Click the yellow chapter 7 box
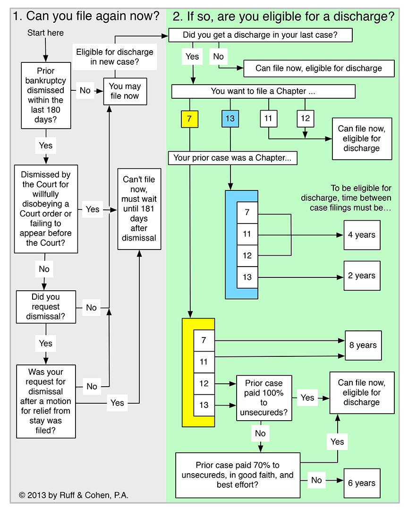pyautogui.click(x=190, y=119)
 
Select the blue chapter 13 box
pyautogui.click(x=230, y=119)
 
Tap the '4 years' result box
pyautogui.click(x=362, y=235)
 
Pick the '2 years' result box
pyautogui.click(x=362, y=276)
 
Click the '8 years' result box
pyautogui.click(x=363, y=346)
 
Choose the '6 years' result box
pyautogui.click(x=362, y=484)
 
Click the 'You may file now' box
pyautogui.click(x=125, y=91)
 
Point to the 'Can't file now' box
pyautogui.click(x=139, y=209)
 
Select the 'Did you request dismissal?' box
pyautogui.click(x=46, y=307)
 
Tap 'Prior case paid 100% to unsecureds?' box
pyautogui.click(x=264, y=398)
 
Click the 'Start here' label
pyautogui.click(x=45, y=33)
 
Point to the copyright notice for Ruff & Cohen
pyautogui.click(x=74, y=495)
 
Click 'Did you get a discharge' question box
pyautogui.click(x=260, y=35)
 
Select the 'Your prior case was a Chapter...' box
pyautogui.click(x=233, y=158)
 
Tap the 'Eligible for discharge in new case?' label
pyautogui.click(x=114, y=57)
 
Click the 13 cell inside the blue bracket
pyautogui.click(x=247, y=277)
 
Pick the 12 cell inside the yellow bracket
pyautogui.click(x=204, y=383)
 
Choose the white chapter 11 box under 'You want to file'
pyautogui.click(x=269, y=119)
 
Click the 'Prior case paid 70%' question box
pyautogui.click(x=238, y=475)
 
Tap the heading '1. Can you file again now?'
pyautogui.click(x=86, y=16)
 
